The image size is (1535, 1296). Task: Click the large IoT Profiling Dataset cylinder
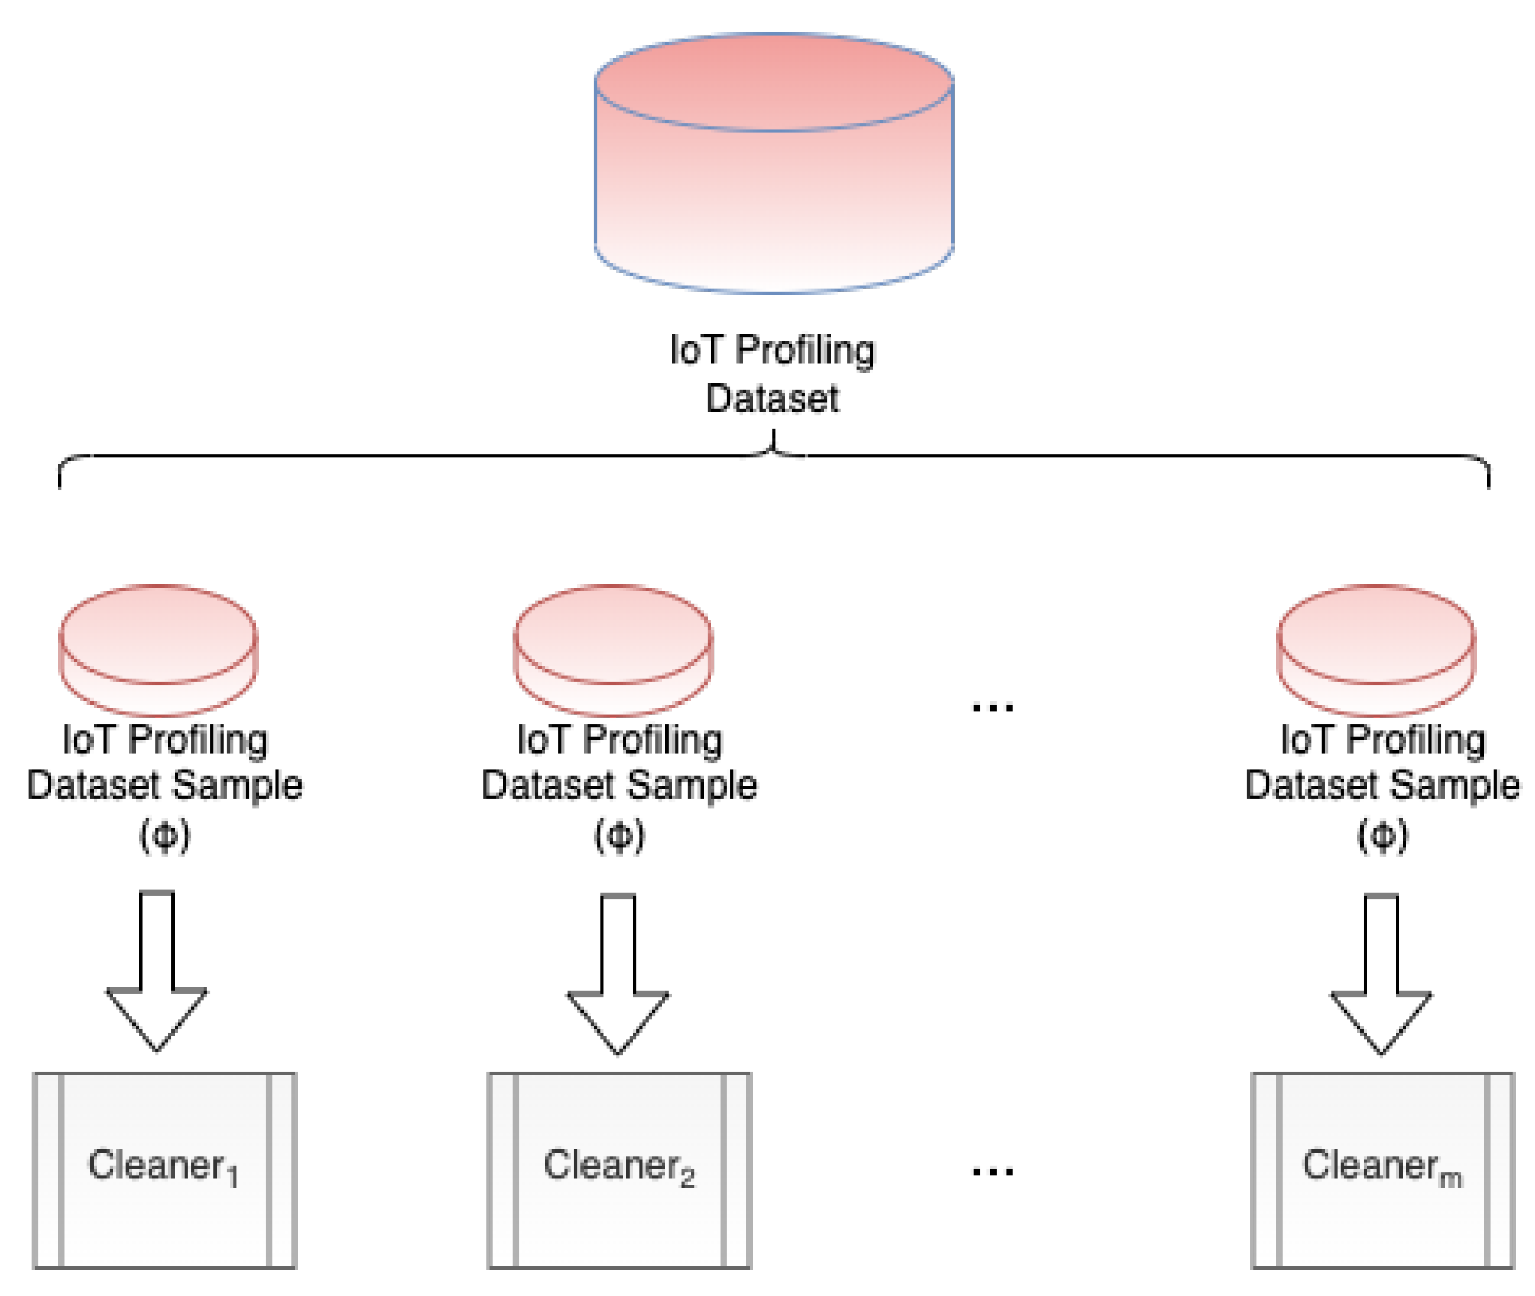(773, 179)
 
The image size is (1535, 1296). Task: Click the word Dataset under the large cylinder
(771, 398)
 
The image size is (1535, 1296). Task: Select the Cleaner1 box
(164, 1169)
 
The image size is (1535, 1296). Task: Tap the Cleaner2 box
(619, 1169)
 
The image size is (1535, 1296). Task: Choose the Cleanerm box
(1381, 1169)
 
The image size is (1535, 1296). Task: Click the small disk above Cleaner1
(158, 649)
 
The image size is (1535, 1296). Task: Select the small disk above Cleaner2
(612, 649)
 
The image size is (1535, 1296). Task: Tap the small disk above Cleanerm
(1375, 649)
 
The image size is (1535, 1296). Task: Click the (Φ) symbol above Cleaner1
(164, 835)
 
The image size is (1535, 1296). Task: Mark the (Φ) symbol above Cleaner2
(619, 835)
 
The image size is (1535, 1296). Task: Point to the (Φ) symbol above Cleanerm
(1382, 835)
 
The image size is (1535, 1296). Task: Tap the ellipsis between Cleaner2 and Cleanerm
(993, 1171)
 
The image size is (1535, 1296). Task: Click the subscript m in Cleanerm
(1450, 1179)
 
